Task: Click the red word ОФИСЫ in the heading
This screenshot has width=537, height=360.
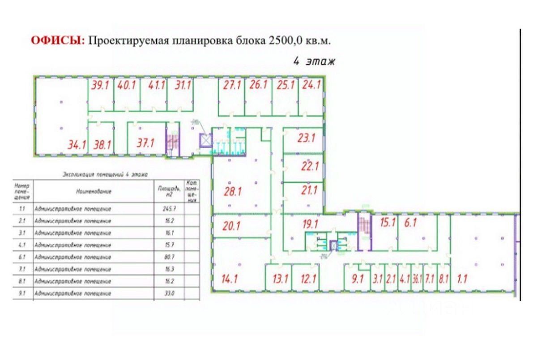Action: [x=57, y=41]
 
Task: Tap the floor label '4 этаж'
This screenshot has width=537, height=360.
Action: [x=314, y=61]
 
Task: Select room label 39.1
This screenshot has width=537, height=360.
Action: [x=100, y=86]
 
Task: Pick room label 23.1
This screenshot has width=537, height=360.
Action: [x=307, y=138]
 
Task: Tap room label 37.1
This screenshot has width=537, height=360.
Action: [x=145, y=144]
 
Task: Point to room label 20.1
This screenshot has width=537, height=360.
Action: [x=232, y=226]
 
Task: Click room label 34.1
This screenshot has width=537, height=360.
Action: [x=77, y=144]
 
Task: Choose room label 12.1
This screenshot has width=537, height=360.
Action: [x=308, y=279]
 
